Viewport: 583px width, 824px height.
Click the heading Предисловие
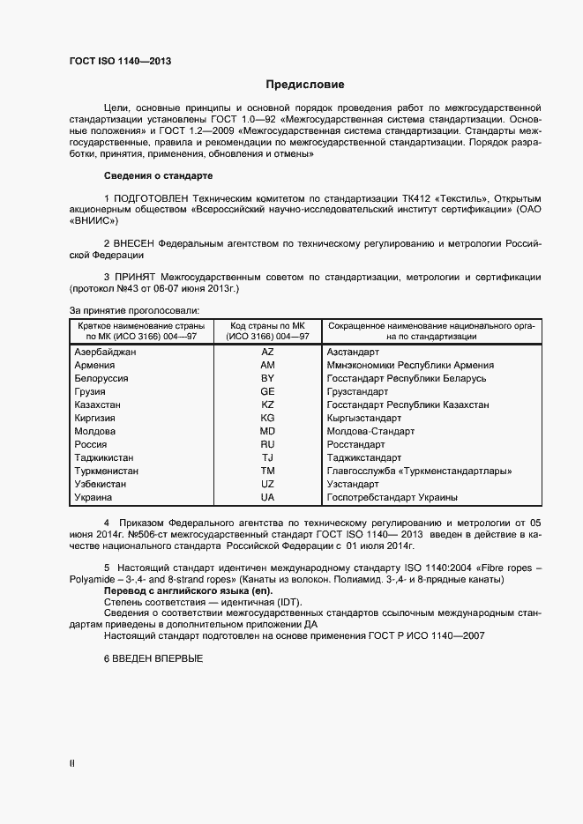coord(305,85)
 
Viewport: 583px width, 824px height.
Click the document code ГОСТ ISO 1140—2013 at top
coord(119,61)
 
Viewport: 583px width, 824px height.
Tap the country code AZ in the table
coord(267,352)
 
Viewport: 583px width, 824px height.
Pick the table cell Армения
coord(94,365)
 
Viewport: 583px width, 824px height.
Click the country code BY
coord(267,378)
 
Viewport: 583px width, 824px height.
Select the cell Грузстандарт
coord(357,391)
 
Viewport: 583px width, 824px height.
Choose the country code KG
coord(267,418)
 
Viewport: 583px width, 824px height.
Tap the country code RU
coord(267,445)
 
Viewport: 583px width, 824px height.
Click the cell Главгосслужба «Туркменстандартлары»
coord(420,471)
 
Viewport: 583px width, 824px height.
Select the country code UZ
coord(267,485)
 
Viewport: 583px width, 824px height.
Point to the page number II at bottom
coord(72,763)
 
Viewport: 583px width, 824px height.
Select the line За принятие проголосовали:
coord(134,309)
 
